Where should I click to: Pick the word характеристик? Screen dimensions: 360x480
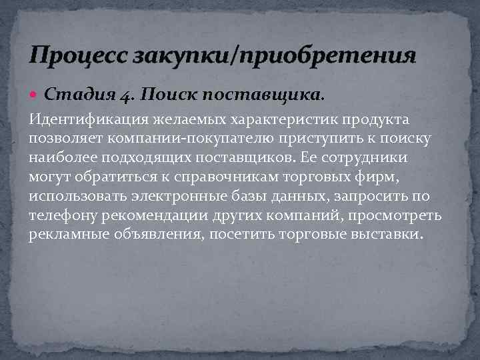tap(291, 119)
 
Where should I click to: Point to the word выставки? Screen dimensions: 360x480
tap(389, 235)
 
